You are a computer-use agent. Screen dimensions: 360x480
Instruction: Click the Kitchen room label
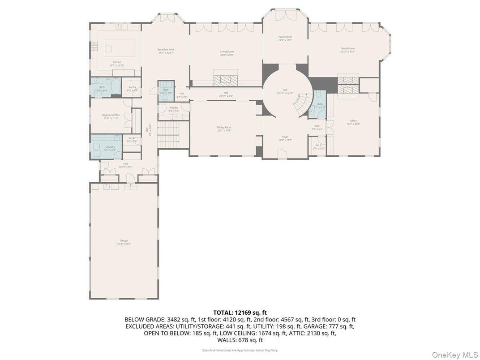pyautogui.click(x=117, y=62)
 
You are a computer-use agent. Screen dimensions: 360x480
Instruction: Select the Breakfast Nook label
pyautogui.click(x=166, y=50)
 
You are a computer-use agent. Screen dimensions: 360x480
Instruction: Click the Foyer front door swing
pyautogui.click(x=282, y=154)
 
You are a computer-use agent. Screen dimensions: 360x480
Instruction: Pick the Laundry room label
pyautogui.click(x=110, y=147)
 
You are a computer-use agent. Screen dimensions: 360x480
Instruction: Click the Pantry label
pyautogui.click(x=132, y=87)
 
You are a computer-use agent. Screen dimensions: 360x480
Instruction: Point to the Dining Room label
pyautogui.click(x=224, y=128)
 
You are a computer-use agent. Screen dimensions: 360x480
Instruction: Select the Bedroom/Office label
pyautogui.click(x=111, y=115)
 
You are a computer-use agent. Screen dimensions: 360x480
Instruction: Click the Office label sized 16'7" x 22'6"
pyautogui.click(x=353, y=121)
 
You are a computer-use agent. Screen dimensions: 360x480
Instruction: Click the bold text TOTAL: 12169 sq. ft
pyautogui.click(x=240, y=313)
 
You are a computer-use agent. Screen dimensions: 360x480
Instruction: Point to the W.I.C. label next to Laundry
pyautogui.click(x=132, y=138)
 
